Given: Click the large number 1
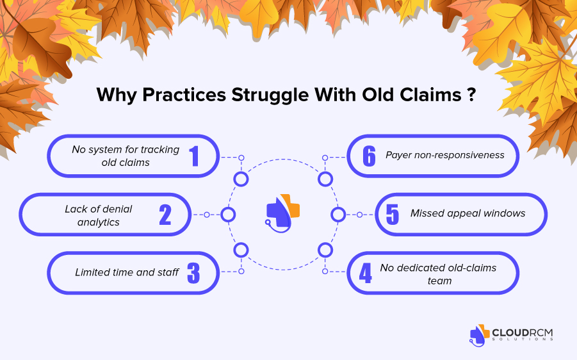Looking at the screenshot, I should (x=194, y=156).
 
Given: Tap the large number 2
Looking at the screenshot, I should (x=165, y=215).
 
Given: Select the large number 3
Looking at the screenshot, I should (x=193, y=273).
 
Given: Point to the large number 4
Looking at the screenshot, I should (x=365, y=273).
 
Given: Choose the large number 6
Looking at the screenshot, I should (x=369, y=156).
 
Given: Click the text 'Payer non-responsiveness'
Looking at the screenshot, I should (x=445, y=155).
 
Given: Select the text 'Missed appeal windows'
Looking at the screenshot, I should (x=467, y=213).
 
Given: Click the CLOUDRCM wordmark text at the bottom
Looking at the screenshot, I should (x=522, y=332).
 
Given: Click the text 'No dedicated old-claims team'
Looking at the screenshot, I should (x=438, y=274).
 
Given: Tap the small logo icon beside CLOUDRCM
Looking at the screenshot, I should (x=480, y=335).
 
